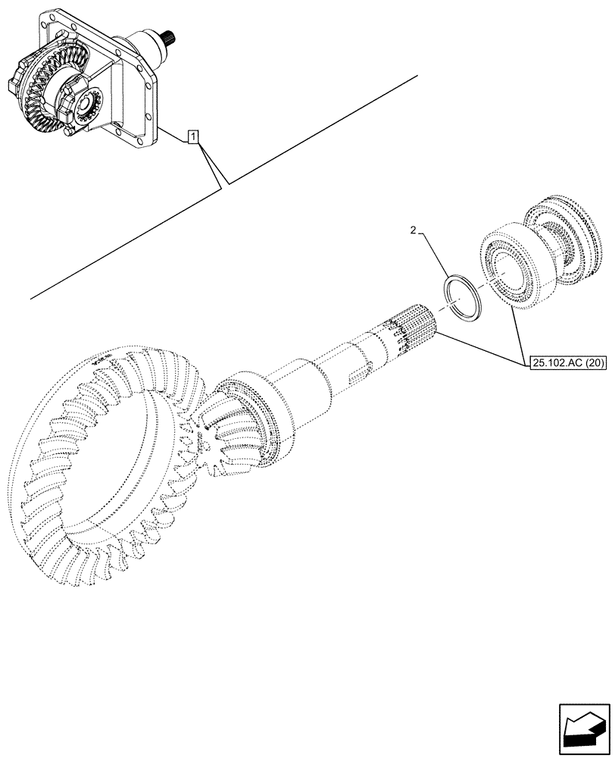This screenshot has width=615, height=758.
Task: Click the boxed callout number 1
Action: point(194,137)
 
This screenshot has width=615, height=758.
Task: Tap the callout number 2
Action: point(412,230)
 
